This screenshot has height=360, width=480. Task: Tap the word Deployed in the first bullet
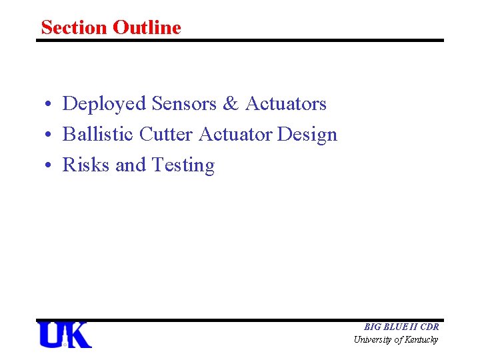[104, 104]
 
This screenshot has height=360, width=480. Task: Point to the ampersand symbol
[231, 104]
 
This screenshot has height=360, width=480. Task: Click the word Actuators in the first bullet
[286, 104]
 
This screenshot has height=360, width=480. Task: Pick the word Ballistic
[98, 135]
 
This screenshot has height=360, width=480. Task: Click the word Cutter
[167, 135]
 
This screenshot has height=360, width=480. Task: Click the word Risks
[86, 165]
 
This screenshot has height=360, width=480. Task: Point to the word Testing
[183, 166]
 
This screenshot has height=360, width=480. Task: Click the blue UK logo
[65, 335]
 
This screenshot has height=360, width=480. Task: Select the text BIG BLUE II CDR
[401, 327]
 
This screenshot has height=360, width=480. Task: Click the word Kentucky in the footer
[422, 340]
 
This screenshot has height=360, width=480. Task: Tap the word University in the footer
[373, 340]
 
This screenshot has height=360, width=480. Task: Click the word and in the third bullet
[129, 165]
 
